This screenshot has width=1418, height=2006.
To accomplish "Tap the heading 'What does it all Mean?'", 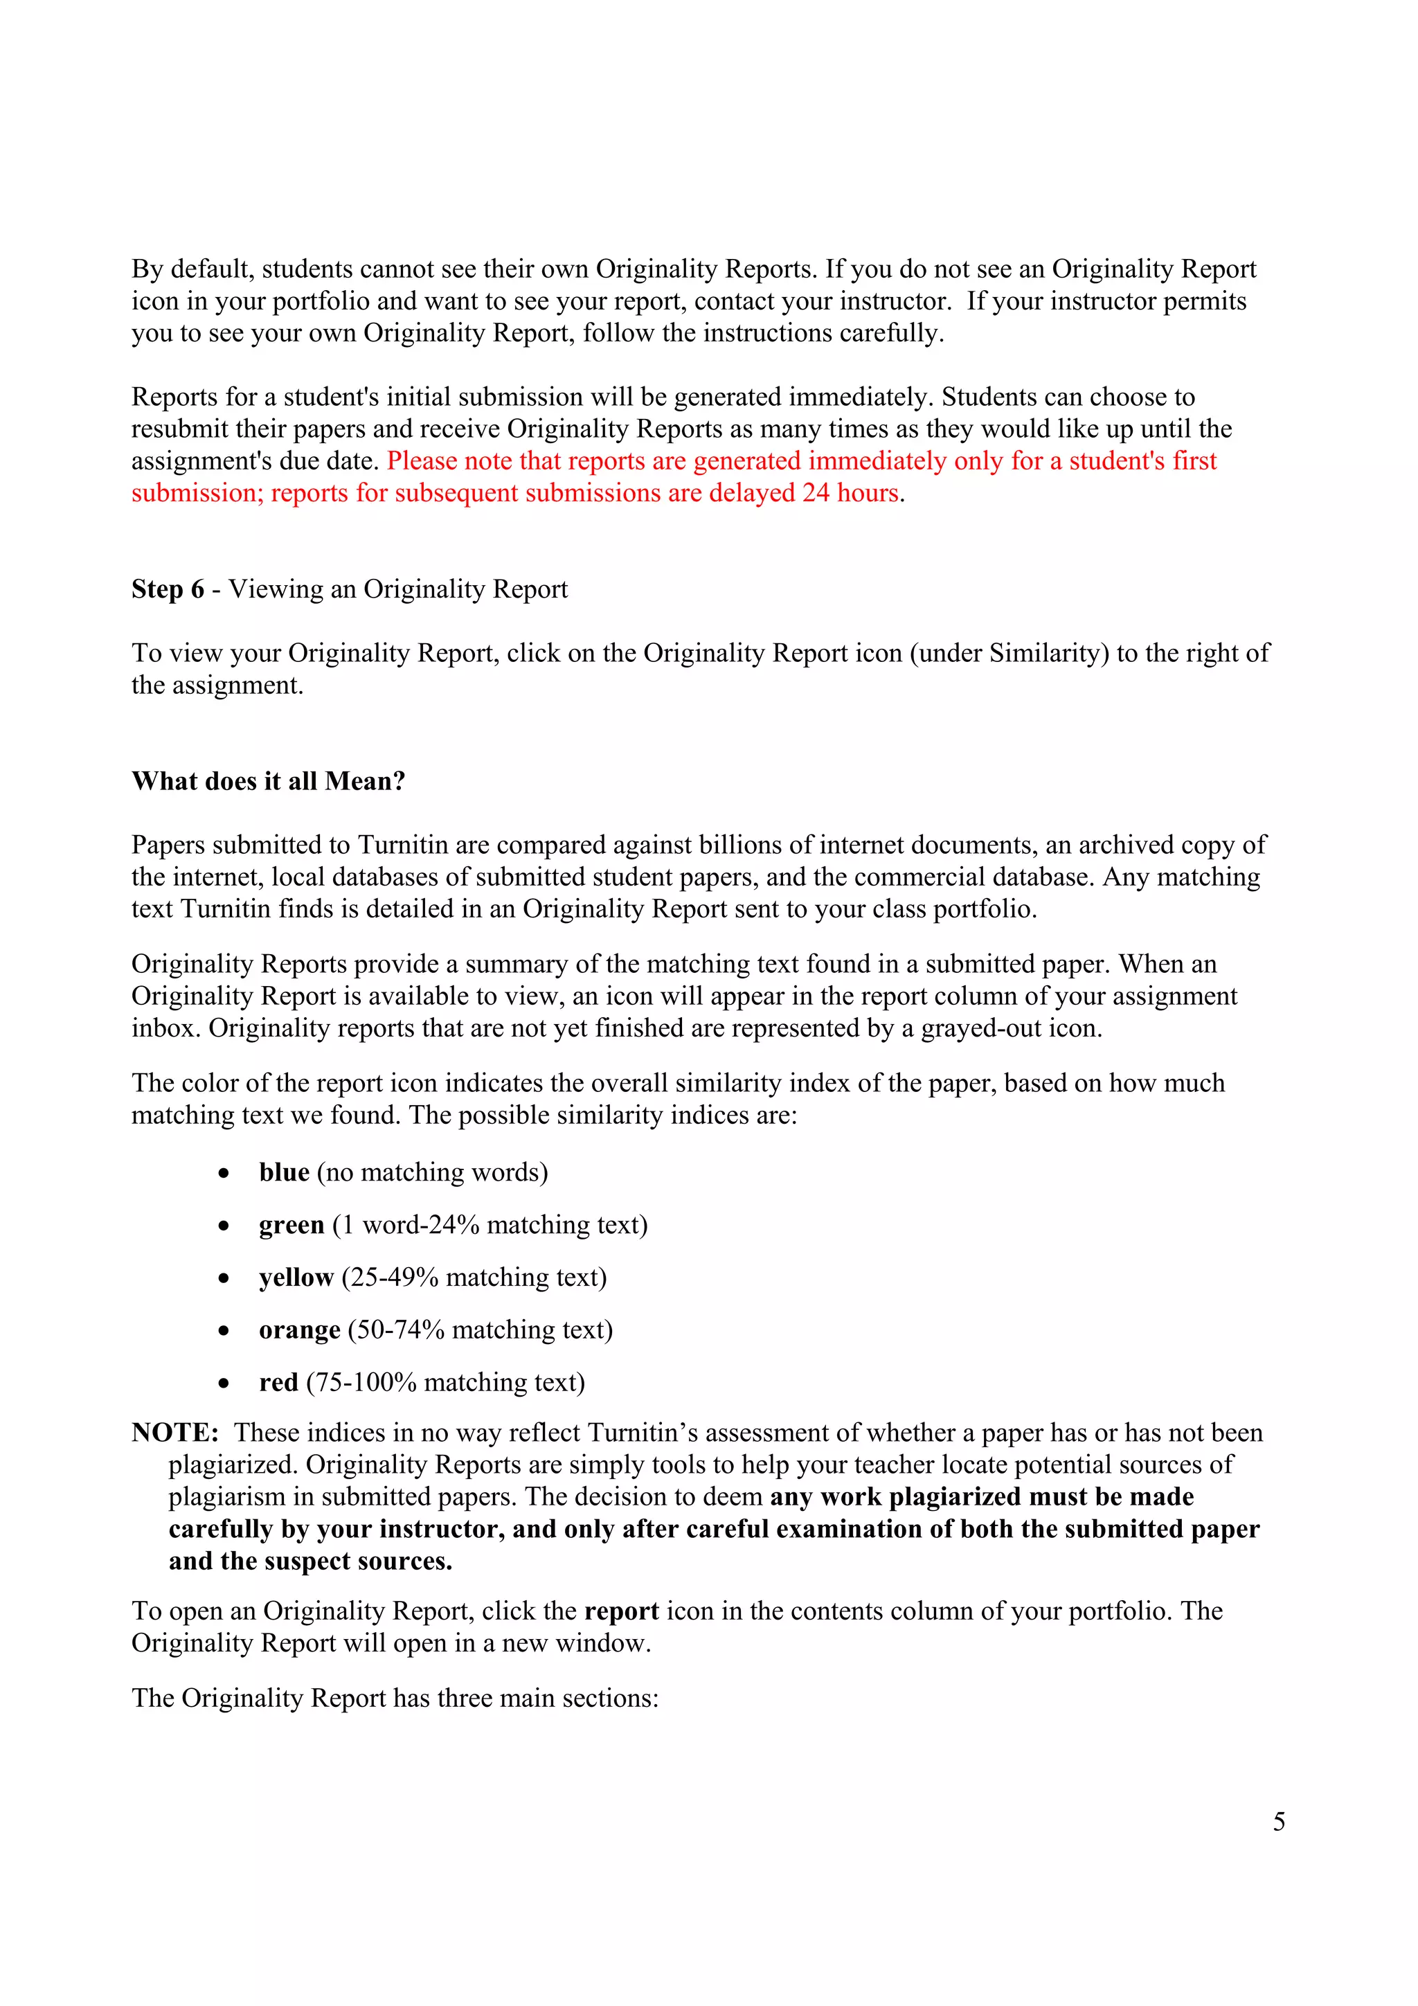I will click(x=268, y=781).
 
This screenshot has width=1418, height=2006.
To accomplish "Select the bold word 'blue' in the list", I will click(x=284, y=1172).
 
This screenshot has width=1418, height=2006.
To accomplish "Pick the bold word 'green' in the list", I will click(x=291, y=1225).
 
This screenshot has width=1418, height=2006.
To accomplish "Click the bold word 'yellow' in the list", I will click(x=296, y=1278).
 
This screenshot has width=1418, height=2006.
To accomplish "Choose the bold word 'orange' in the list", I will click(x=300, y=1329).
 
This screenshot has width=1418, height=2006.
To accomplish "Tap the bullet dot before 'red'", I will click(x=224, y=1383).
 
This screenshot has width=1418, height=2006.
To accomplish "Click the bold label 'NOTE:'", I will click(x=174, y=1433).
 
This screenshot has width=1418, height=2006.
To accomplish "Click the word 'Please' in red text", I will click(x=422, y=460).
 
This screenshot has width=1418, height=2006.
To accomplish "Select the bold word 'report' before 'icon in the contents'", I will click(x=621, y=1611).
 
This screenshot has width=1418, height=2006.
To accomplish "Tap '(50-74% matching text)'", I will click(x=481, y=1329).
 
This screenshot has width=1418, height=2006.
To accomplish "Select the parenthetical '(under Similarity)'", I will click(x=1009, y=653).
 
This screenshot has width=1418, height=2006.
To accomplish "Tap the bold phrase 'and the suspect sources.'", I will click(x=310, y=1561).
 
